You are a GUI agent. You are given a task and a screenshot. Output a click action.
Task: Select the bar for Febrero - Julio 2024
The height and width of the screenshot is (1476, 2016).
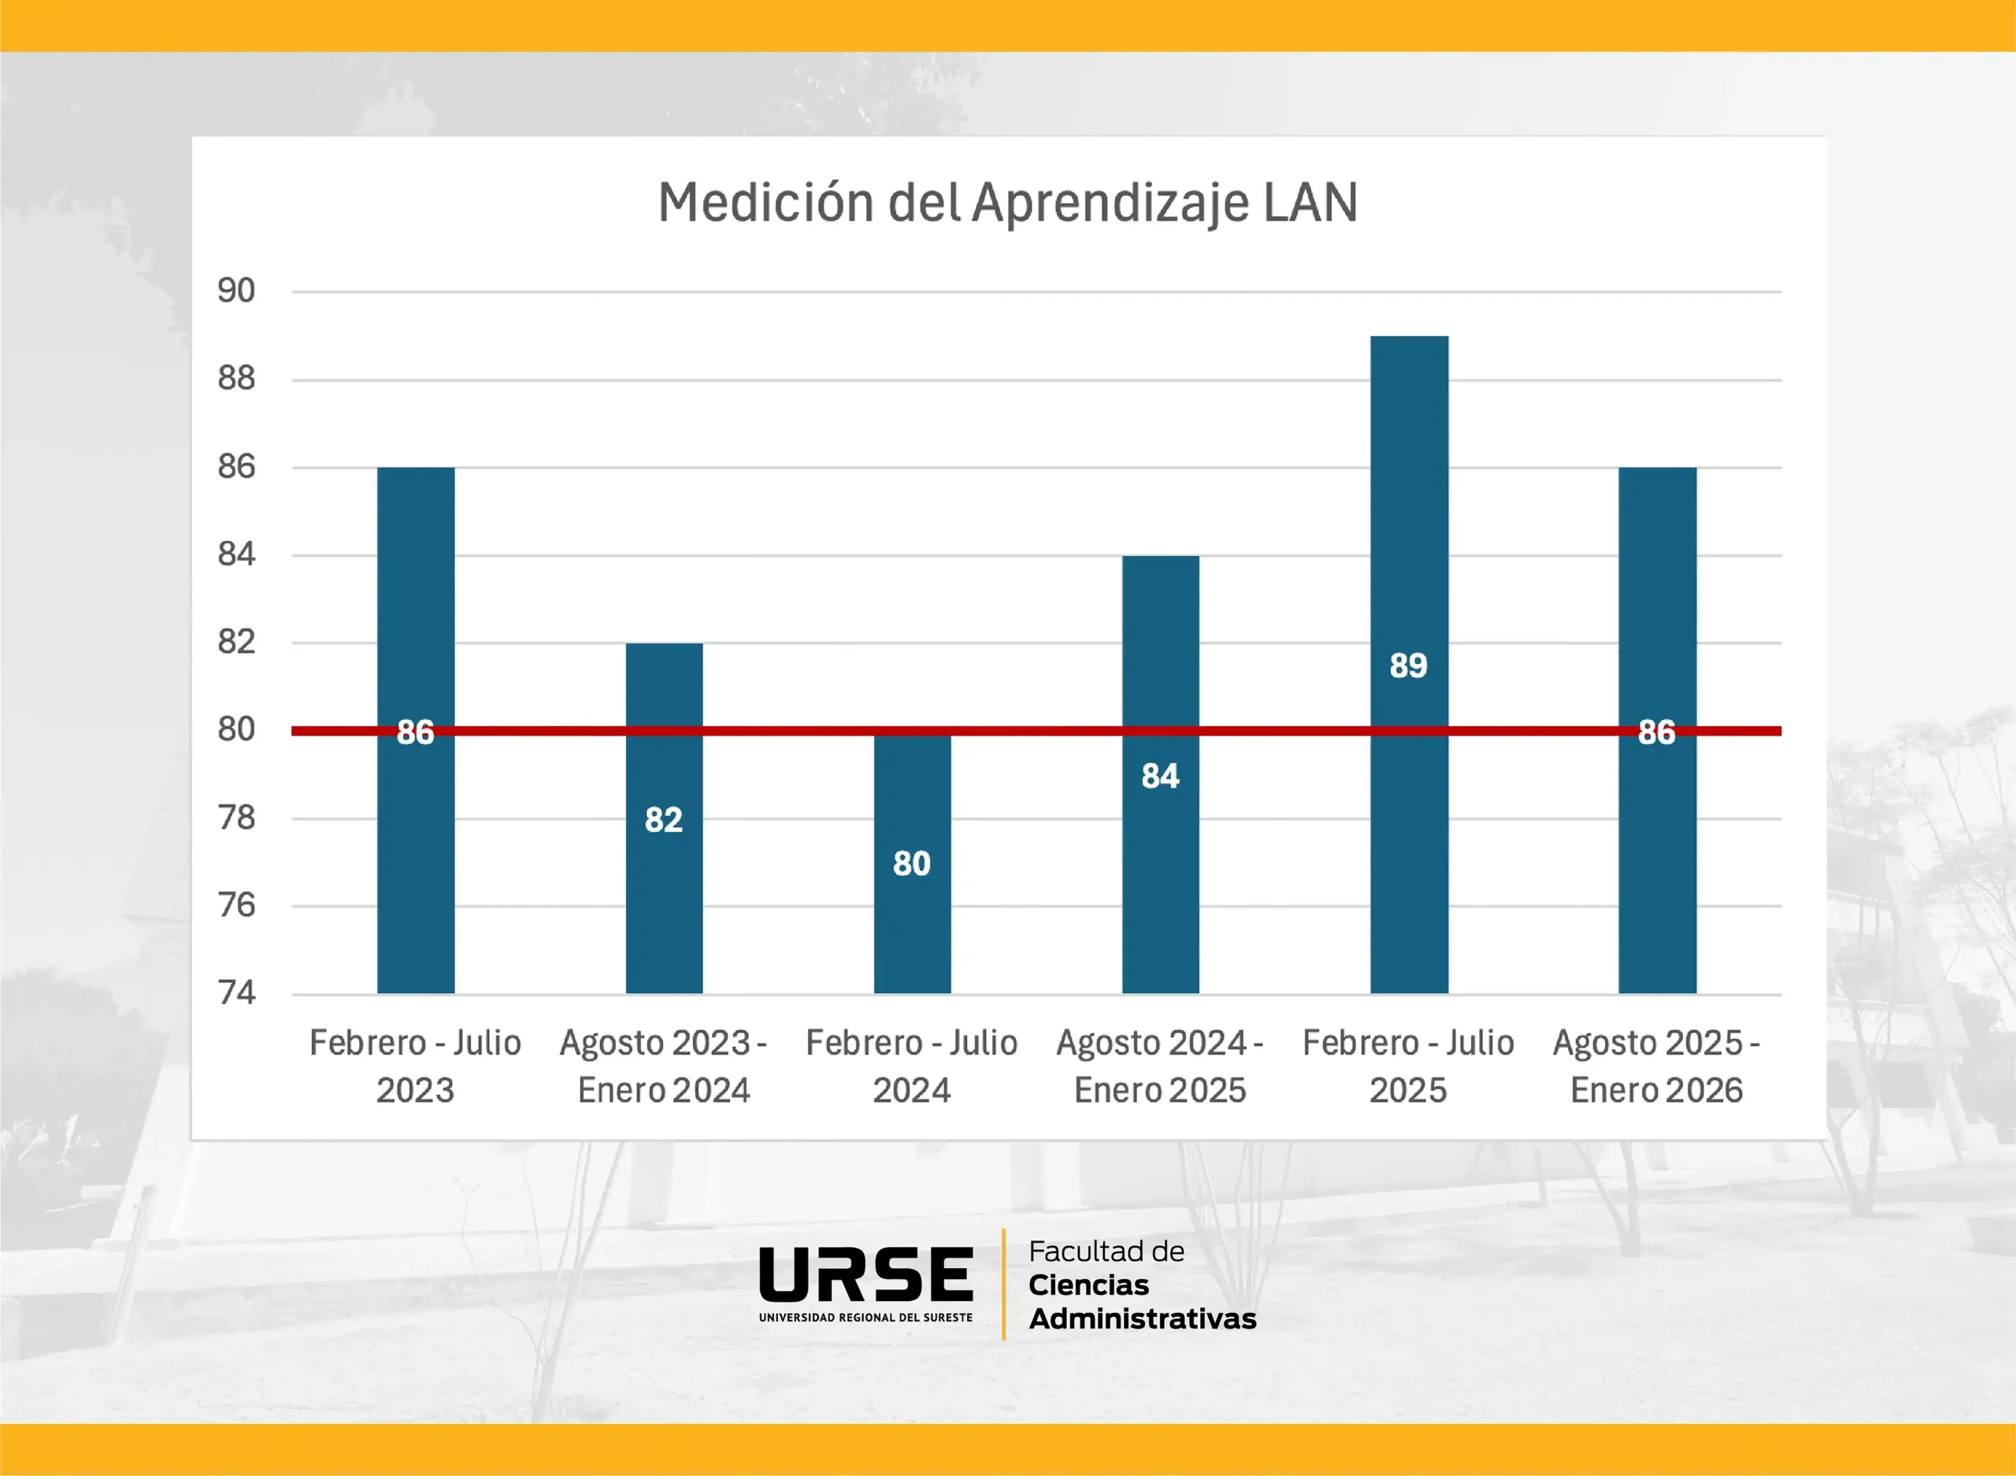(912, 929)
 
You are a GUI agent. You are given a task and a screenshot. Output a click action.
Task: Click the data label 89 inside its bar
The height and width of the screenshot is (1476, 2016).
(1409, 666)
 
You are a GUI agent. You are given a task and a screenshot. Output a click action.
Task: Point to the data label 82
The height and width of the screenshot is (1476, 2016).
(664, 820)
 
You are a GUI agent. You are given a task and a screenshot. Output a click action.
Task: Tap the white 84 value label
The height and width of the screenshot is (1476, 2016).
(1160, 777)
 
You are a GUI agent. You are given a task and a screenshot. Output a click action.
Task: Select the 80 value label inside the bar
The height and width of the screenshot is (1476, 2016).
(912, 864)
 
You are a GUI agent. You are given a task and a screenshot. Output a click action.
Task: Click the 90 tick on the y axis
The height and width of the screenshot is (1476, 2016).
(237, 291)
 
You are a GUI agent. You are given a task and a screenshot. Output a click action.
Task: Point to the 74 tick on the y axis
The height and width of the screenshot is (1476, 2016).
(237, 992)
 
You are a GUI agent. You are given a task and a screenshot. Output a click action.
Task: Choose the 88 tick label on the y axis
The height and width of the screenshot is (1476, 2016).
(237, 379)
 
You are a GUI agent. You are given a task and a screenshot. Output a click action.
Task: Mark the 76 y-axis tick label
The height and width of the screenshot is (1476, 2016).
(237, 905)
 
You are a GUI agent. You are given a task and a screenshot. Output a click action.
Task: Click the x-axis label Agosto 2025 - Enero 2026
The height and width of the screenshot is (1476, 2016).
(1656, 1066)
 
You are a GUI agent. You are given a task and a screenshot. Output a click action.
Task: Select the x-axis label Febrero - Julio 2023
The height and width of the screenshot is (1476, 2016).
(415, 1066)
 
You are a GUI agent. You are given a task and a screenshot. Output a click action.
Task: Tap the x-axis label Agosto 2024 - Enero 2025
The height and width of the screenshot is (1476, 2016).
(1159, 1066)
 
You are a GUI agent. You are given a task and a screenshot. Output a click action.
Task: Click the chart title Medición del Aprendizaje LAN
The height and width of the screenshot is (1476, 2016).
(1007, 203)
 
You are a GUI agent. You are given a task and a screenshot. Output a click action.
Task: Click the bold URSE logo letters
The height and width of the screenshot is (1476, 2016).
(865, 1274)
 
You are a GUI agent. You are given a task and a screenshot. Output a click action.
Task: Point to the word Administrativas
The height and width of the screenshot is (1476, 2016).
(1143, 1318)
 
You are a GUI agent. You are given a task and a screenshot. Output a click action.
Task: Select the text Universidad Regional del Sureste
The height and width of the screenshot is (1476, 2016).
(865, 1318)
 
